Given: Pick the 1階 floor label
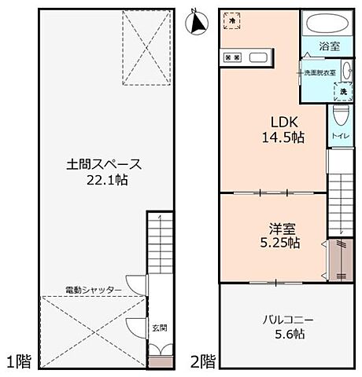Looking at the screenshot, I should tap(20, 362).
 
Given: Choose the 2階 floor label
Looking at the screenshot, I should tap(203, 362).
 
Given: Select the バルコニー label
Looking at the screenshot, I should tap(289, 320).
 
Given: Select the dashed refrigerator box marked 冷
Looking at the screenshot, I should tap(232, 20).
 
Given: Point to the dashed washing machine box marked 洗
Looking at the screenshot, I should tap(342, 91).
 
